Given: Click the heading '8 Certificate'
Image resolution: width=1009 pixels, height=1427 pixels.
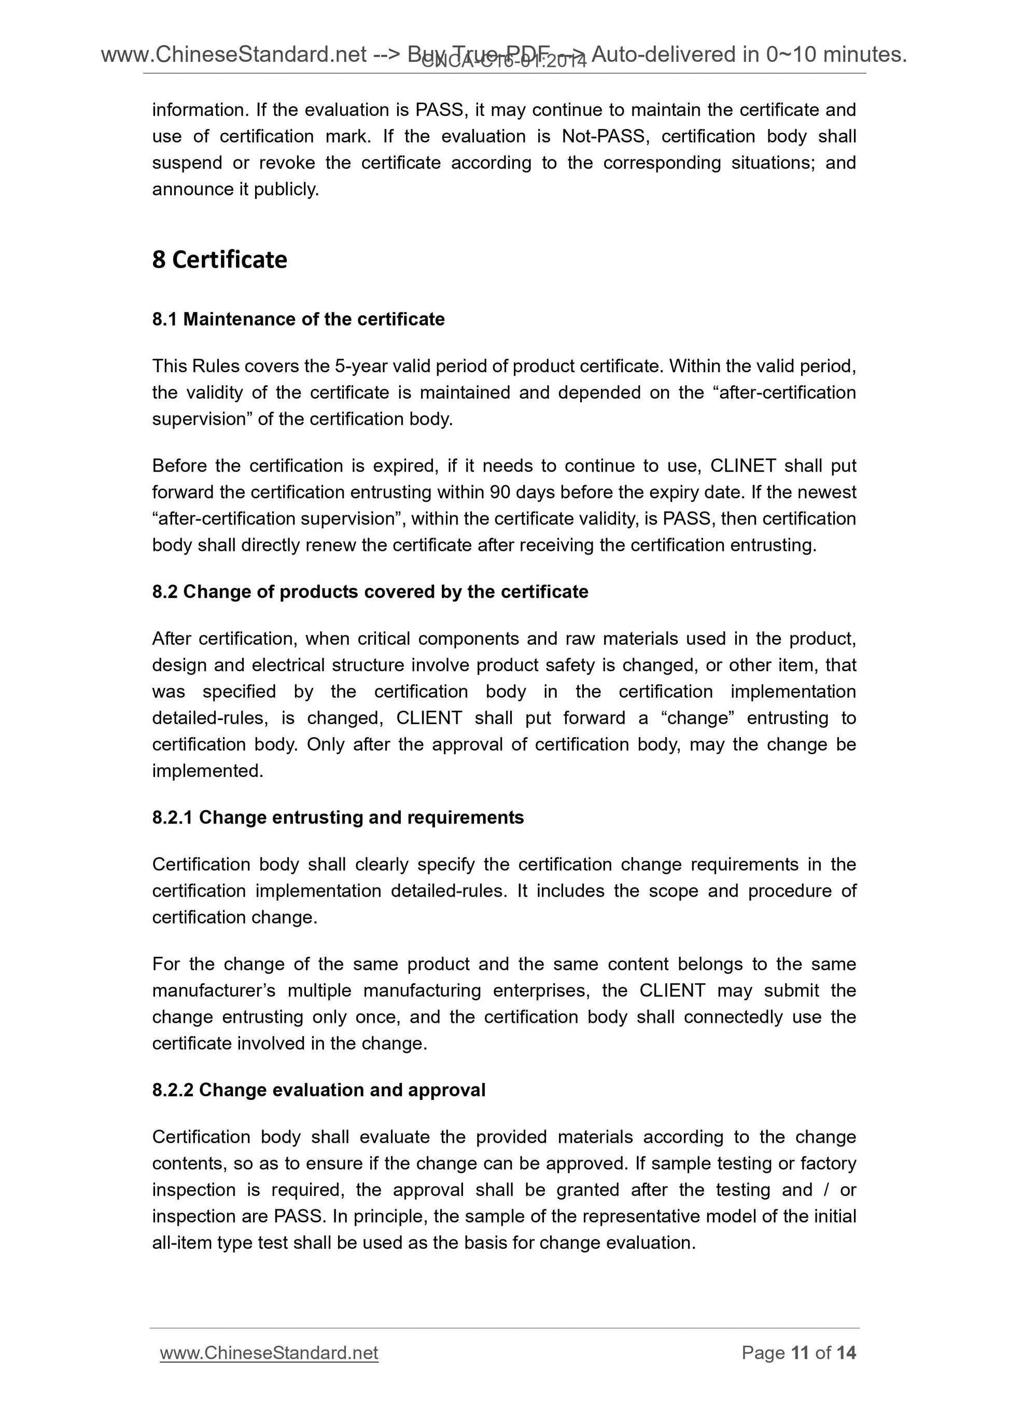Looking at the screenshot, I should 219,260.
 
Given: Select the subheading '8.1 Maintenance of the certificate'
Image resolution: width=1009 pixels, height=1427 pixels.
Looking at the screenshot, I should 299,319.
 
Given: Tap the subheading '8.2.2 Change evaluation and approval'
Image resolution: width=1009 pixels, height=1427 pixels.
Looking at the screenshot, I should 318,1090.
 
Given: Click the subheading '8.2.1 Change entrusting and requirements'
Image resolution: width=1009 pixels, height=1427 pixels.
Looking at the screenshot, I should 338,818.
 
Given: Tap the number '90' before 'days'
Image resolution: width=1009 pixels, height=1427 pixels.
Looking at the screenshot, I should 500,493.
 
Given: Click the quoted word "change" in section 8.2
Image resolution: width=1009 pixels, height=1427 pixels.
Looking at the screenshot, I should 697,718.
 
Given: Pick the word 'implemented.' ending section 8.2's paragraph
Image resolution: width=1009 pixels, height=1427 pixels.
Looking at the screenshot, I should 207,771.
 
